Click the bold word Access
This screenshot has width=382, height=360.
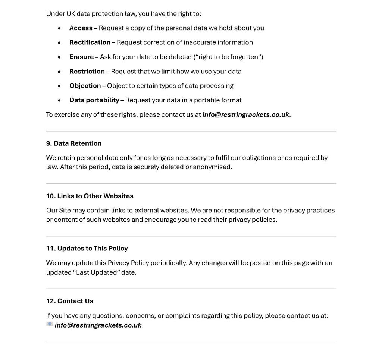tap(81, 28)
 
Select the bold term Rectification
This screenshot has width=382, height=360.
tap(90, 42)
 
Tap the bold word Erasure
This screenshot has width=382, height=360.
tap(81, 57)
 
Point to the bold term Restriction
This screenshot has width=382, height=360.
tap(87, 72)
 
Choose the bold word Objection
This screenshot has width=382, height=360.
tap(85, 86)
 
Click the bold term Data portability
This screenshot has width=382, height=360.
tap(94, 100)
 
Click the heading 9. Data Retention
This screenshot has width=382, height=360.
tap(74, 143)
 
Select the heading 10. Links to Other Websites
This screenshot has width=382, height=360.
tap(90, 196)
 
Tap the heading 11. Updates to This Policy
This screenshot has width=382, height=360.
tap(87, 249)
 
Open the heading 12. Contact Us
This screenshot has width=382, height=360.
tap(70, 301)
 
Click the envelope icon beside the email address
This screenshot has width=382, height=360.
tap(50, 325)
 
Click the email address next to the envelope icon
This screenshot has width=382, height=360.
tap(98, 325)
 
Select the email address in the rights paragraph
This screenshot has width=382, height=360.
tap(245, 115)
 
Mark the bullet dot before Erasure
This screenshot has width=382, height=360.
tap(59, 57)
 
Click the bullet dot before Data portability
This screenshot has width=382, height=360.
tap(59, 101)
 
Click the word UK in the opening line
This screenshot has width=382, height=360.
tap(71, 14)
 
